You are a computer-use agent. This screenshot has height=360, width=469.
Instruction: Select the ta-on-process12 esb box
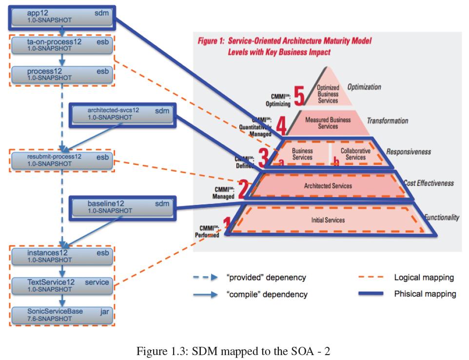(x=61, y=45)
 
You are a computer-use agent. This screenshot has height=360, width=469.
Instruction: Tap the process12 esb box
(x=61, y=74)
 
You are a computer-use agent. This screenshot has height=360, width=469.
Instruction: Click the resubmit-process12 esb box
(x=61, y=160)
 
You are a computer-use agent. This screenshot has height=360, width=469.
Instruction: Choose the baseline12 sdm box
(x=122, y=207)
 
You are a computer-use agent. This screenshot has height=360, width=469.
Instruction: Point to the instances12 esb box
(x=61, y=256)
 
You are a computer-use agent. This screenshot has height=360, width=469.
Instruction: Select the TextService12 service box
(x=61, y=285)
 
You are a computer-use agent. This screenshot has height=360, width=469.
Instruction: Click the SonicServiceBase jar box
(x=61, y=315)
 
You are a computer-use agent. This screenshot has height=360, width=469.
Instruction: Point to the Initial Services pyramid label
(x=328, y=220)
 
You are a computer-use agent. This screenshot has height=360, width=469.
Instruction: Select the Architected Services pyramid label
(x=328, y=186)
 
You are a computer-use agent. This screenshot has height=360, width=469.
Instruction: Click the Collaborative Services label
(x=355, y=154)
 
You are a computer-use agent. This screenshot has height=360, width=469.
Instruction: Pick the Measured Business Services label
(x=328, y=122)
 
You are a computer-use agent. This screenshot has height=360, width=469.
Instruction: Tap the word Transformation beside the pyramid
(x=387, y=121)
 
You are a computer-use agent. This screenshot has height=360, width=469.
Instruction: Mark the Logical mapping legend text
(x=424, y=278)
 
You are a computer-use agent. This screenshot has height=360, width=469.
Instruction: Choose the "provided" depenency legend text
(x=266, y=278)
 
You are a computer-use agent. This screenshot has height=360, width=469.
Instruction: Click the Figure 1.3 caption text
(x=234, y=351)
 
